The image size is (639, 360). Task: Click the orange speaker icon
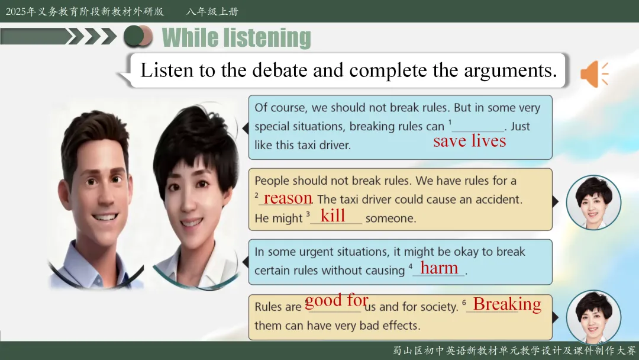[x=594, y=74]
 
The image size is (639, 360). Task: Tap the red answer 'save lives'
[x=469, y=141]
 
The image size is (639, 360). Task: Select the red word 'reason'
[x=288, y=198]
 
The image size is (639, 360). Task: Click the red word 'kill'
[x=333, y=216]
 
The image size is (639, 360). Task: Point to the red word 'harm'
[x=439, y=268]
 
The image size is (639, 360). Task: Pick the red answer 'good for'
[x=337, y=301]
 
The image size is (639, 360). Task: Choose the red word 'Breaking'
[x=507, y=304]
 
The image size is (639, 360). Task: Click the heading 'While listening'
[x=236, y=38]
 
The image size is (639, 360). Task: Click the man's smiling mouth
[x=105, y=217]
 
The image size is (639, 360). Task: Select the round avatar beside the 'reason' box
[x=594, y=202]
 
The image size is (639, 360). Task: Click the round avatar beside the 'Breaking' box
[x=594, y=317]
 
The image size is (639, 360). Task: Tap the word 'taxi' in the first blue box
[x=308, y=145]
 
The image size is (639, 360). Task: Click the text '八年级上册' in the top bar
[x=212, y=11]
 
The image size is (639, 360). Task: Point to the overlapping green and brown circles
[x=138, y=36]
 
